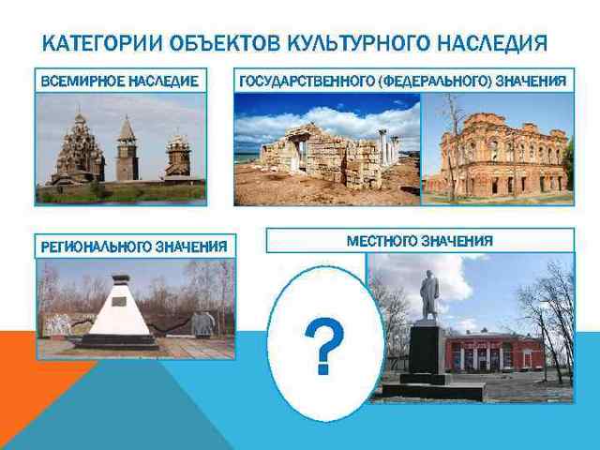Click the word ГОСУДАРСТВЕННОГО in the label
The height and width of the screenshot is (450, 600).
(306, 82)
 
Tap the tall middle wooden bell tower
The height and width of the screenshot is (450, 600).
(126, 150)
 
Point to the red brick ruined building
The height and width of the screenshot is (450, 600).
(496, 156)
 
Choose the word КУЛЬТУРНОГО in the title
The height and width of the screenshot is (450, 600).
(348, 44)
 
